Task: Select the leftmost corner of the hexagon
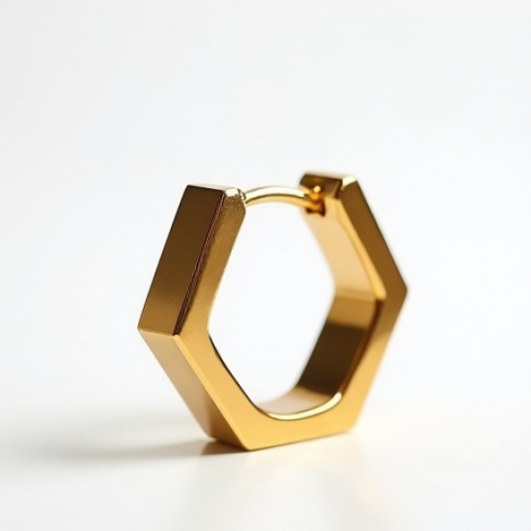[x=144, y=328]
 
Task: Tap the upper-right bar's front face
[x=372, y=232]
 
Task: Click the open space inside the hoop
[x=275, y=290]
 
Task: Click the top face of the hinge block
[x=322, y=181]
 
